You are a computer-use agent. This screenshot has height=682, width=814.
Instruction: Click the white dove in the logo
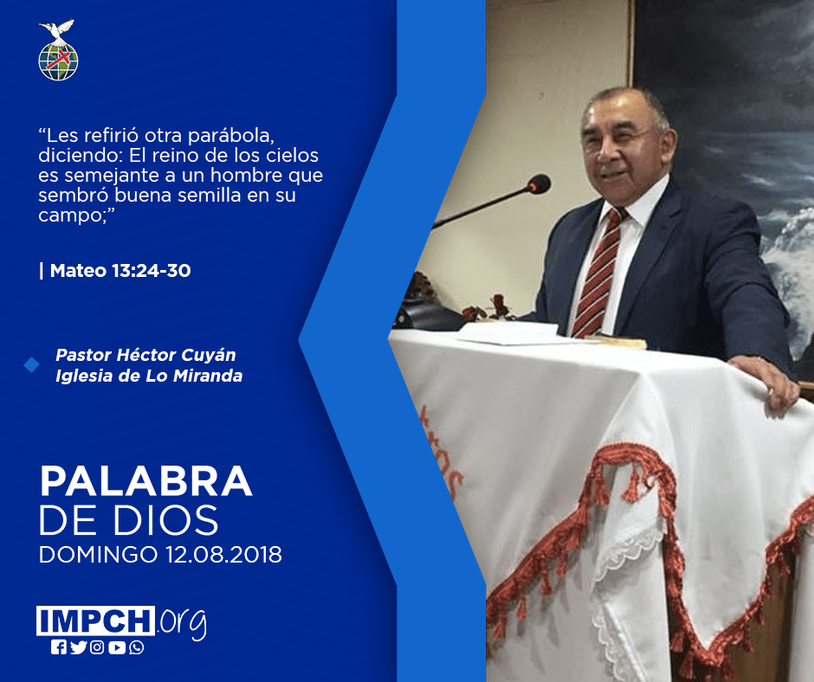pos(57,30)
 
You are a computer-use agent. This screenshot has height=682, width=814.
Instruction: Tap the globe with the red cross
pos(58,61)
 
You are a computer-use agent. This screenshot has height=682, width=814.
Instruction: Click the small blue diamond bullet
pos(32,365)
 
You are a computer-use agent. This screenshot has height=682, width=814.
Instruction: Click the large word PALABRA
pos(145,482)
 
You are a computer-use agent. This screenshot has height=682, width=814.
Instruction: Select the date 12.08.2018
pos(224,555)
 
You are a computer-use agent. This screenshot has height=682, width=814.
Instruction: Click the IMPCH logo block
pos(95,621)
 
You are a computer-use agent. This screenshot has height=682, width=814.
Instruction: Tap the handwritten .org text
pos(182,622)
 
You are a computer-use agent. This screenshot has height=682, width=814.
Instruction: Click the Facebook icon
pos(59,647)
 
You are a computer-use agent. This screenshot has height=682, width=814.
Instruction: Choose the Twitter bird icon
pos(78,647)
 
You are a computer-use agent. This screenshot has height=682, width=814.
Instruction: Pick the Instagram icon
pos(97,647)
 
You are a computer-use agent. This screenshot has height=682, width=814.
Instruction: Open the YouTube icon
pos(117,647)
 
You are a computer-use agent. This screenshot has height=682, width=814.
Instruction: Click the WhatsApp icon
pos(137,647)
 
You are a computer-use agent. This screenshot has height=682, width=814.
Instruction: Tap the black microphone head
pos(539,184)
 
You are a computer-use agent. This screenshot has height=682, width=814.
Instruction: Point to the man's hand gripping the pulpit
pos(766,379)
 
